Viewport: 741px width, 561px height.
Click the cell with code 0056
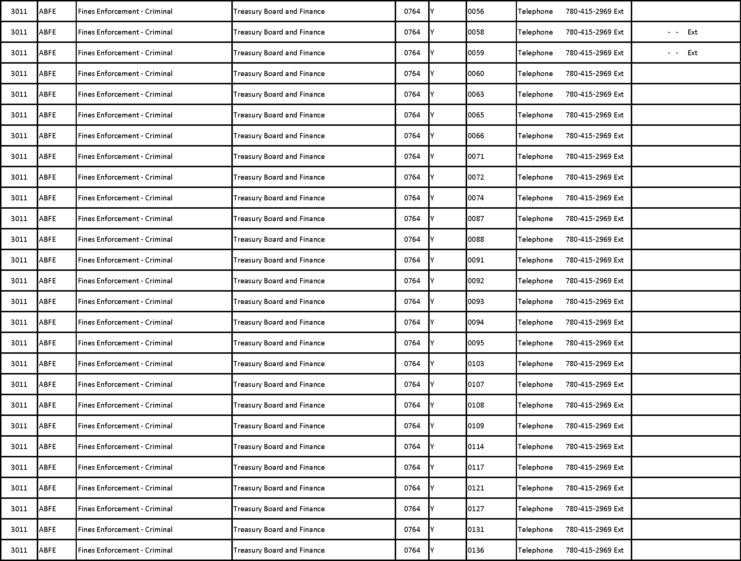[476, 11]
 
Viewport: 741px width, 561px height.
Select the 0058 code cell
[476, 32]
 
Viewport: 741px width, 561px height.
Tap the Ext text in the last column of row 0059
[692, 53]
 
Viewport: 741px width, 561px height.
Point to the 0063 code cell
[476, 94]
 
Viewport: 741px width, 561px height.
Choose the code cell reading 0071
[476, 156]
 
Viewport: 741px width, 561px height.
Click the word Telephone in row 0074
[535, 198]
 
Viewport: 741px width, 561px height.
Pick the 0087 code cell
[476, 219]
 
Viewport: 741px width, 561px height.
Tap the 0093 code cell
[476, 301]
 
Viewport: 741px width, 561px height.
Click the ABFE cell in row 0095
[48, 343]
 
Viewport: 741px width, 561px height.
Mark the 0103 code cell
[476, 364]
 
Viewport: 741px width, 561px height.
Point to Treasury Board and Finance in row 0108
[279, 405]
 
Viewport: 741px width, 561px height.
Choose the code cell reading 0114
[476, 446]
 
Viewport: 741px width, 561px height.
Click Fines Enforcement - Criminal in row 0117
[125, 467]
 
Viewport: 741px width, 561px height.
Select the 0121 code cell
[476, 488]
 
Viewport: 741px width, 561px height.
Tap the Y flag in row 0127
[432, 509]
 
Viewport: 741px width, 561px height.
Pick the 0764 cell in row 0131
[412, 529]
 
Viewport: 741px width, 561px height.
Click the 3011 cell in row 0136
[19, 550]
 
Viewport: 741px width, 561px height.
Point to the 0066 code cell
[476, 136]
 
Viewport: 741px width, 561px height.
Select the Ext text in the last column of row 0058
[692, 32]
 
